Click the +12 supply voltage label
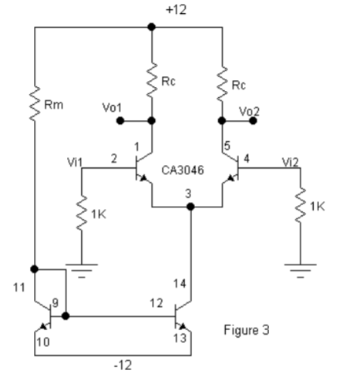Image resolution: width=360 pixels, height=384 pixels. (x=176, y=9)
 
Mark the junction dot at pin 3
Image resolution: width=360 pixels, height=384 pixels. (x=190, y=207)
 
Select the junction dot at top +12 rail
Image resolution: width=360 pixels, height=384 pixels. (x=151, y=27)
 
